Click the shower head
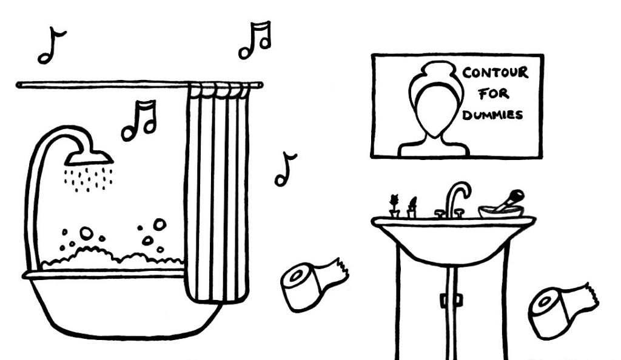pos(89,158)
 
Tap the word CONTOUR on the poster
pos(495,73)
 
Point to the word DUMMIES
pos(492,115)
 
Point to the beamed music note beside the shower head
pos(139,120)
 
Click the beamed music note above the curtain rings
pos(255,40)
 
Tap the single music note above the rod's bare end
pos(51,45)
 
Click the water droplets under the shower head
pos(88,179)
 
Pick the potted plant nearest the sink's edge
pos(394,205)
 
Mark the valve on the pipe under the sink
pos(451,300)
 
